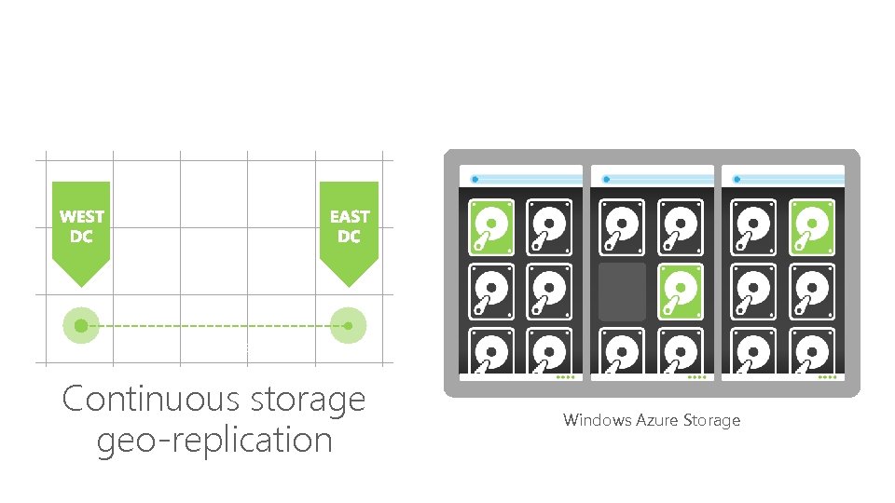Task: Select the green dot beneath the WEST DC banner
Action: point(81,325)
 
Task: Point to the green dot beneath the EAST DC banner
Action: point(349,325)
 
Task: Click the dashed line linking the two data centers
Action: point(214,325)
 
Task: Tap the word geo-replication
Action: point(214,440)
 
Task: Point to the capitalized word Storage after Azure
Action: point(710,420)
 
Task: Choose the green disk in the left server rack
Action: point(491,227)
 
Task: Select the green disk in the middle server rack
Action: point(681,292)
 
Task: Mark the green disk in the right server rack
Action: point(811,227)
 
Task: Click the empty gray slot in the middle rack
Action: point(622,292)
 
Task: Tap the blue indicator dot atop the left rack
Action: point(475,178)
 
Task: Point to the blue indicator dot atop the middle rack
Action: point(606,178)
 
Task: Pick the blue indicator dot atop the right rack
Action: point(737,178)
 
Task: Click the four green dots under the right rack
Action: point(826,377)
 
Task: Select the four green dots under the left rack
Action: point(565,377)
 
